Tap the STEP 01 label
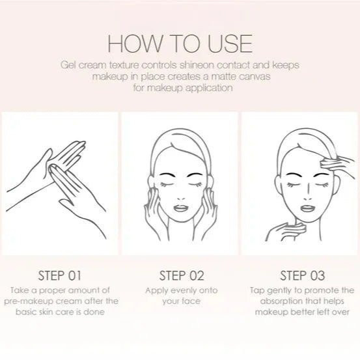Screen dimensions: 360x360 (60, 275)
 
